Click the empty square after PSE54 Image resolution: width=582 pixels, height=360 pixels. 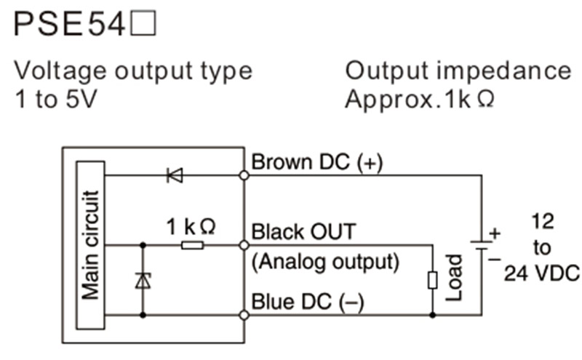coord(142,27)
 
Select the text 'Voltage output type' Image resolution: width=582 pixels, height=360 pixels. coord(133,71)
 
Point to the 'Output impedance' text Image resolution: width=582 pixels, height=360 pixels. coord(458,71)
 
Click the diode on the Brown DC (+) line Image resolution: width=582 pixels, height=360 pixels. coord(175,175)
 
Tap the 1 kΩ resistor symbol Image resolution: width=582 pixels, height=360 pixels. coord(193,246)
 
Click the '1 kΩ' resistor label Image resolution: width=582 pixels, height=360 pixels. coord(191,227)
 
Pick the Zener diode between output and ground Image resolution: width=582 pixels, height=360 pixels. coord(143,281)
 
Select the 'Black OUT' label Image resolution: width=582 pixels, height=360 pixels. coord(303,232)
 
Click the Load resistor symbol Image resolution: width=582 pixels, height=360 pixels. coord(433,281)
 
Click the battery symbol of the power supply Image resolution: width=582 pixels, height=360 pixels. coord(481,247)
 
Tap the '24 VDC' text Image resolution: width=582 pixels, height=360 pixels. coord(542,273)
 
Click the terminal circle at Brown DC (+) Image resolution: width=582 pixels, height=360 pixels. coord(243,175)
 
